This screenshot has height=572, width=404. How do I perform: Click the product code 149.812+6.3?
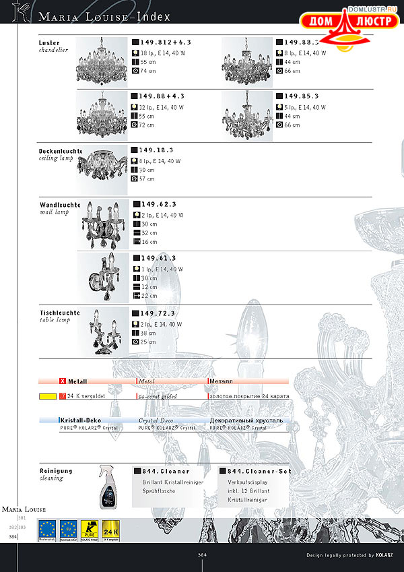click(x=166, y=42)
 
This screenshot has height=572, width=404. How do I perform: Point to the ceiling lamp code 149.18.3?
click(x=156, y=150)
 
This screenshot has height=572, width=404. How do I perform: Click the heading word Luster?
click(x=49, y=43)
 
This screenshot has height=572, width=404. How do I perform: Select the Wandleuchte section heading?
click(x=60, y=205)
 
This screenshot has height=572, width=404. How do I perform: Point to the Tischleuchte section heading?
click(x=59, y=313)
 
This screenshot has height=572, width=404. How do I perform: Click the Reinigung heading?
click(x=56, y=471)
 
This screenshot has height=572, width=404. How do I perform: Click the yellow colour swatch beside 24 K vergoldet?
click(x=47, y=397)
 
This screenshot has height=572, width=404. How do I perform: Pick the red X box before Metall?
click(x=63, y=381)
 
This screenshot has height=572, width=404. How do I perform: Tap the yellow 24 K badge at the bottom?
click(x=111, y=529)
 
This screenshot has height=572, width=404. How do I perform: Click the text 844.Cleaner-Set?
click(x=259, y=471)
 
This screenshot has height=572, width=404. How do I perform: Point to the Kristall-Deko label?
click(x=79, y=420)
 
